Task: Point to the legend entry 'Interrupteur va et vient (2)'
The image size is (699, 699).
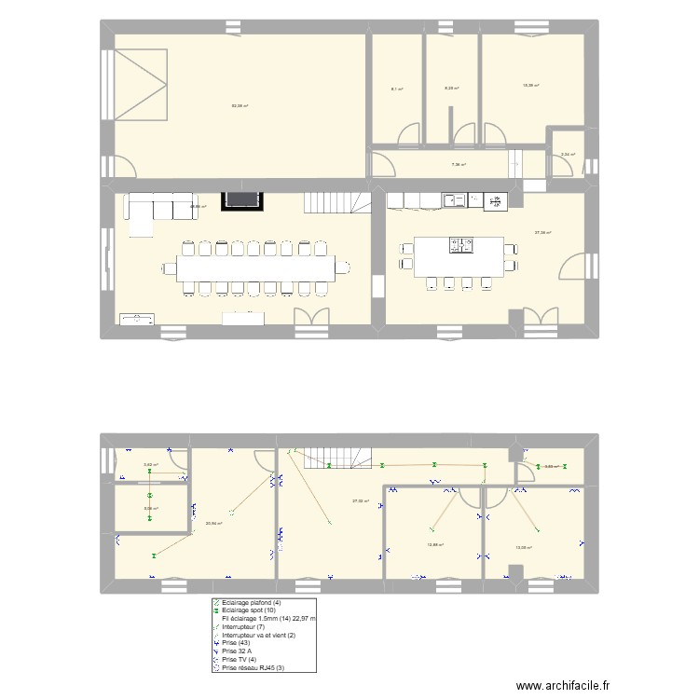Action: [264, 635]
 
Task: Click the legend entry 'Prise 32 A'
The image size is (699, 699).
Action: [241, 651]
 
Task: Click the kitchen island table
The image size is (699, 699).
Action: [459, 255]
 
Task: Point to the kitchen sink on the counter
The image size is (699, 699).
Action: [456, 199]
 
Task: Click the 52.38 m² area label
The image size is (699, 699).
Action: [240, 105]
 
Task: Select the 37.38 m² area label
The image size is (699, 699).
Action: [542, 232]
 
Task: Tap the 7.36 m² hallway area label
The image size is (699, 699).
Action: [459, 165]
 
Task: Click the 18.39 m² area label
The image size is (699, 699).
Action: [531, 86]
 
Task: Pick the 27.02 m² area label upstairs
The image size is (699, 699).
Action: [360, 501]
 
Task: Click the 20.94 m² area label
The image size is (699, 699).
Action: [213, 523]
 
